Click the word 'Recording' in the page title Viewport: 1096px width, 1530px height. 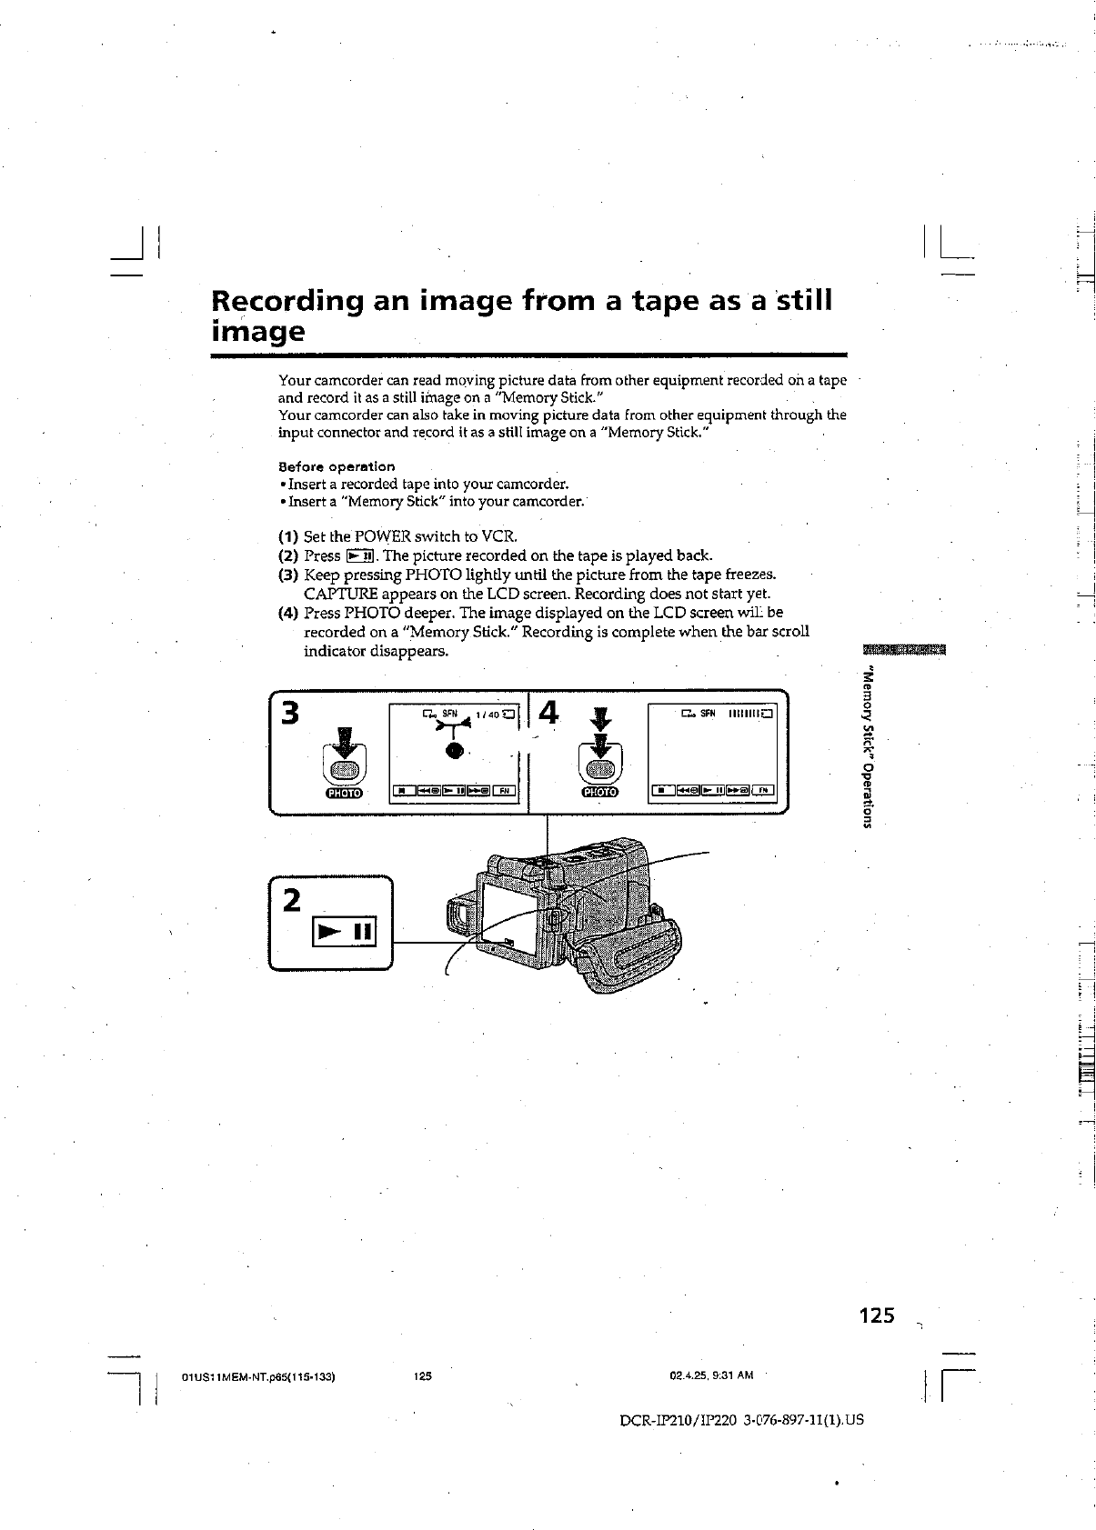coord(288,303)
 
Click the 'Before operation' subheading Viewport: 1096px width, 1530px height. coord(336,466)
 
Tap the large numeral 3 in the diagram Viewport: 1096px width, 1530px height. coord(290,714)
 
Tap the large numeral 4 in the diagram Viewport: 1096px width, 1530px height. coord(548,714)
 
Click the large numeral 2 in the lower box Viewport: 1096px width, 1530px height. coord(291,900)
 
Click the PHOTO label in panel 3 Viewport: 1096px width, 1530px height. coord(343,793)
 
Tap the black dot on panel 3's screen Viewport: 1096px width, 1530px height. coord(453,752)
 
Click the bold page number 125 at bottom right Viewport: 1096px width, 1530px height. coord(876,1315)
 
